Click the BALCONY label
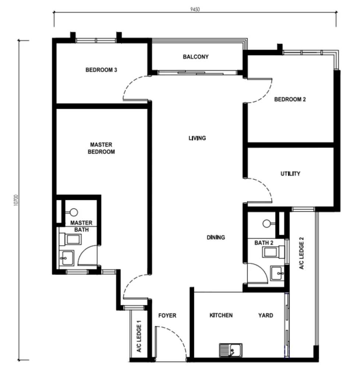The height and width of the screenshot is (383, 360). coord(196,57)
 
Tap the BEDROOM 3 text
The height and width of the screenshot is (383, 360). coord(101,70)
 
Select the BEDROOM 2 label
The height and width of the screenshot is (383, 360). coord(290,99)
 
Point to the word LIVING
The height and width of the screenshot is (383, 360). coord(197,138)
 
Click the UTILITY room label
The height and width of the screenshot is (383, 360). coord(290,174)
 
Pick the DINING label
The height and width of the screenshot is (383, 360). coord(216,237)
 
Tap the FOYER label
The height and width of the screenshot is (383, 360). coord(167,315)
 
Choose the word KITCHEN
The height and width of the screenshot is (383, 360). coord(221,315)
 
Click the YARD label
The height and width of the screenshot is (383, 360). coord(266,315)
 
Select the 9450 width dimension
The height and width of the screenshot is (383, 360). coord(195,9)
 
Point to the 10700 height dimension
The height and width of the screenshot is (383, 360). coord(16,200)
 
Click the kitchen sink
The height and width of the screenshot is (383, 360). coord(231,350)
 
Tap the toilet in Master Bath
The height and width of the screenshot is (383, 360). coord(70,239)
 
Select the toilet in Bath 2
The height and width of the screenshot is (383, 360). coord(273,252)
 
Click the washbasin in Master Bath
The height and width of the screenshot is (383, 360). coord(67,258)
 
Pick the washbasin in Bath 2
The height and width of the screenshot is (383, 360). coord(278,273)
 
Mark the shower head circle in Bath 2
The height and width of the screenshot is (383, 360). coord(267,224)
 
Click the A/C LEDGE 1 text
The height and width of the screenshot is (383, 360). coord(139,336)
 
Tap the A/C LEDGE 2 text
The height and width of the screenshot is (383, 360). coord(302,253)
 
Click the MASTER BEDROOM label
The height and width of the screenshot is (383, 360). coord(101,148)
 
